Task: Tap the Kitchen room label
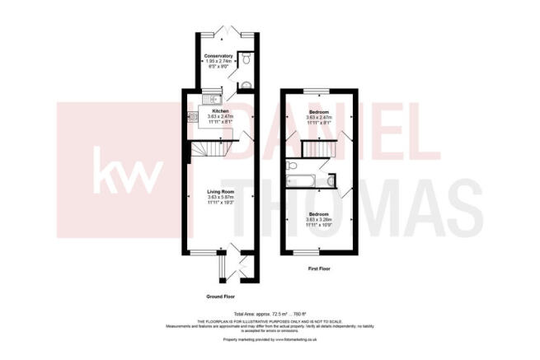pyautogui.click(x=220, y=111)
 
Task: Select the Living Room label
pyautogui.click(x=221, y=193)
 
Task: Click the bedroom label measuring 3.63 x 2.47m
pyautogui.click(x=318, y=111)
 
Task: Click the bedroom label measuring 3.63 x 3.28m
pyautogui.click(x=318, y=213)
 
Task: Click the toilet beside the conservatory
pyautogui.click(x=247, y=58)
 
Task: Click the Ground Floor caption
pyautogui.click(x=220, y=295)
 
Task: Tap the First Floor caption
pyautogui.click(x=317, y=269)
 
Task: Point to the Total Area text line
pyautogui.click(x=270, y=314)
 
